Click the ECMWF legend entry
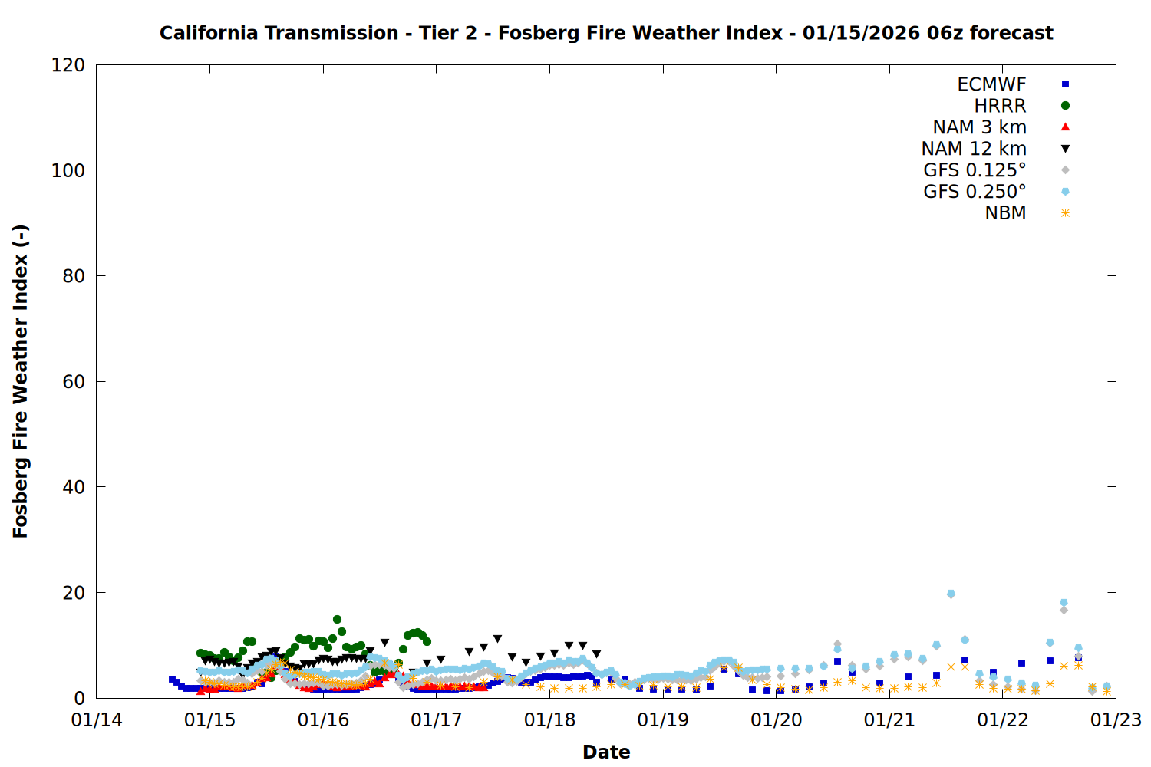pyautogui.click(x=991, y=84)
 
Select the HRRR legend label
pyautogui.click(x=1000, y=106)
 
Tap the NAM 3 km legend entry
pyautogui.click(x=979, y=127)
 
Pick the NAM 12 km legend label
pyautogui.click(x=974, y=149)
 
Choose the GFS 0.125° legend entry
pyautogui.click(x=975, y=170)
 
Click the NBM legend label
pyautogui.click(x=1005, y=213)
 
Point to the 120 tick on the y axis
pyautogui.click(x=68, y=65)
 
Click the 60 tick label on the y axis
pyautogui.click(x=74, y=382)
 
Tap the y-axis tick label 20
pyautogui.click(x=74, y=593)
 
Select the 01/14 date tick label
pyautogui.click(x=97, y=720)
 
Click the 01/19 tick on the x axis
pyautogui.click(x=663, y=720)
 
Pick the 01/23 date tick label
pyautogui.click(x=1116, y=720)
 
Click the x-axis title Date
pyautogui.click(x=606, y=752)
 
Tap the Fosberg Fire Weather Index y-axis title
pyautogui.click(x=21, y=381)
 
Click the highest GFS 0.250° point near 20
pyautogui.click(x=951, y=594)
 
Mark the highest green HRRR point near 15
pyautogui.click(x=337, y=620)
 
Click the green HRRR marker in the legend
pyautogui.click(x=1065, y=106)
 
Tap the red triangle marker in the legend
pyautogui.click(x=1065, y=127)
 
